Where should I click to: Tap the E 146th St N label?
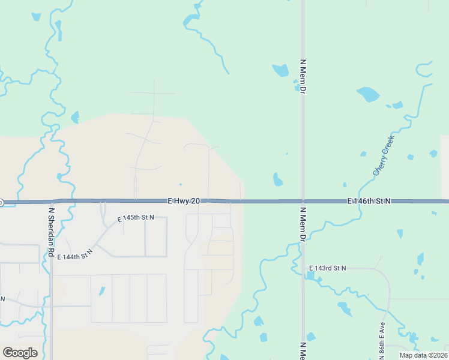pyautogui.click(x=369, y=201)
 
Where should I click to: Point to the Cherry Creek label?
pyautogui.click(x=384, y=155)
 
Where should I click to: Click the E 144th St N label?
pyautogui.click(x=75, y=256)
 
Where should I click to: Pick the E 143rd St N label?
pyautogui.click(x=327, y=268)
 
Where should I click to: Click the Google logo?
pyautogui.click(x=20, y=353)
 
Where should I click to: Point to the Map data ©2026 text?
pyautogui.click(x=423, y=355)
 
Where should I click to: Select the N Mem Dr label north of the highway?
pyautogui.click(x=303, y=76)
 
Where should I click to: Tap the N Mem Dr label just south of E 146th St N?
pyautogui.click(x=303, y=224)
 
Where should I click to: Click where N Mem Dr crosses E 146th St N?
pyautogui.click(x=303, y=202)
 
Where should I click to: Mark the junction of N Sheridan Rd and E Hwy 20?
pyautogui.click(x=51, y=202)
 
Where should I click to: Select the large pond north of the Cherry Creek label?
pyautogui.click(x=369, y=94)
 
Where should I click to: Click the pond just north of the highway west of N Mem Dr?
pyautogui.click(x=277, y=179)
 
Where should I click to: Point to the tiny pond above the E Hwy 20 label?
pyautogui.click(x=180, y=184)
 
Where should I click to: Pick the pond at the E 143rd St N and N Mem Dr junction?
pyautogui.click(x=310, y=276)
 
